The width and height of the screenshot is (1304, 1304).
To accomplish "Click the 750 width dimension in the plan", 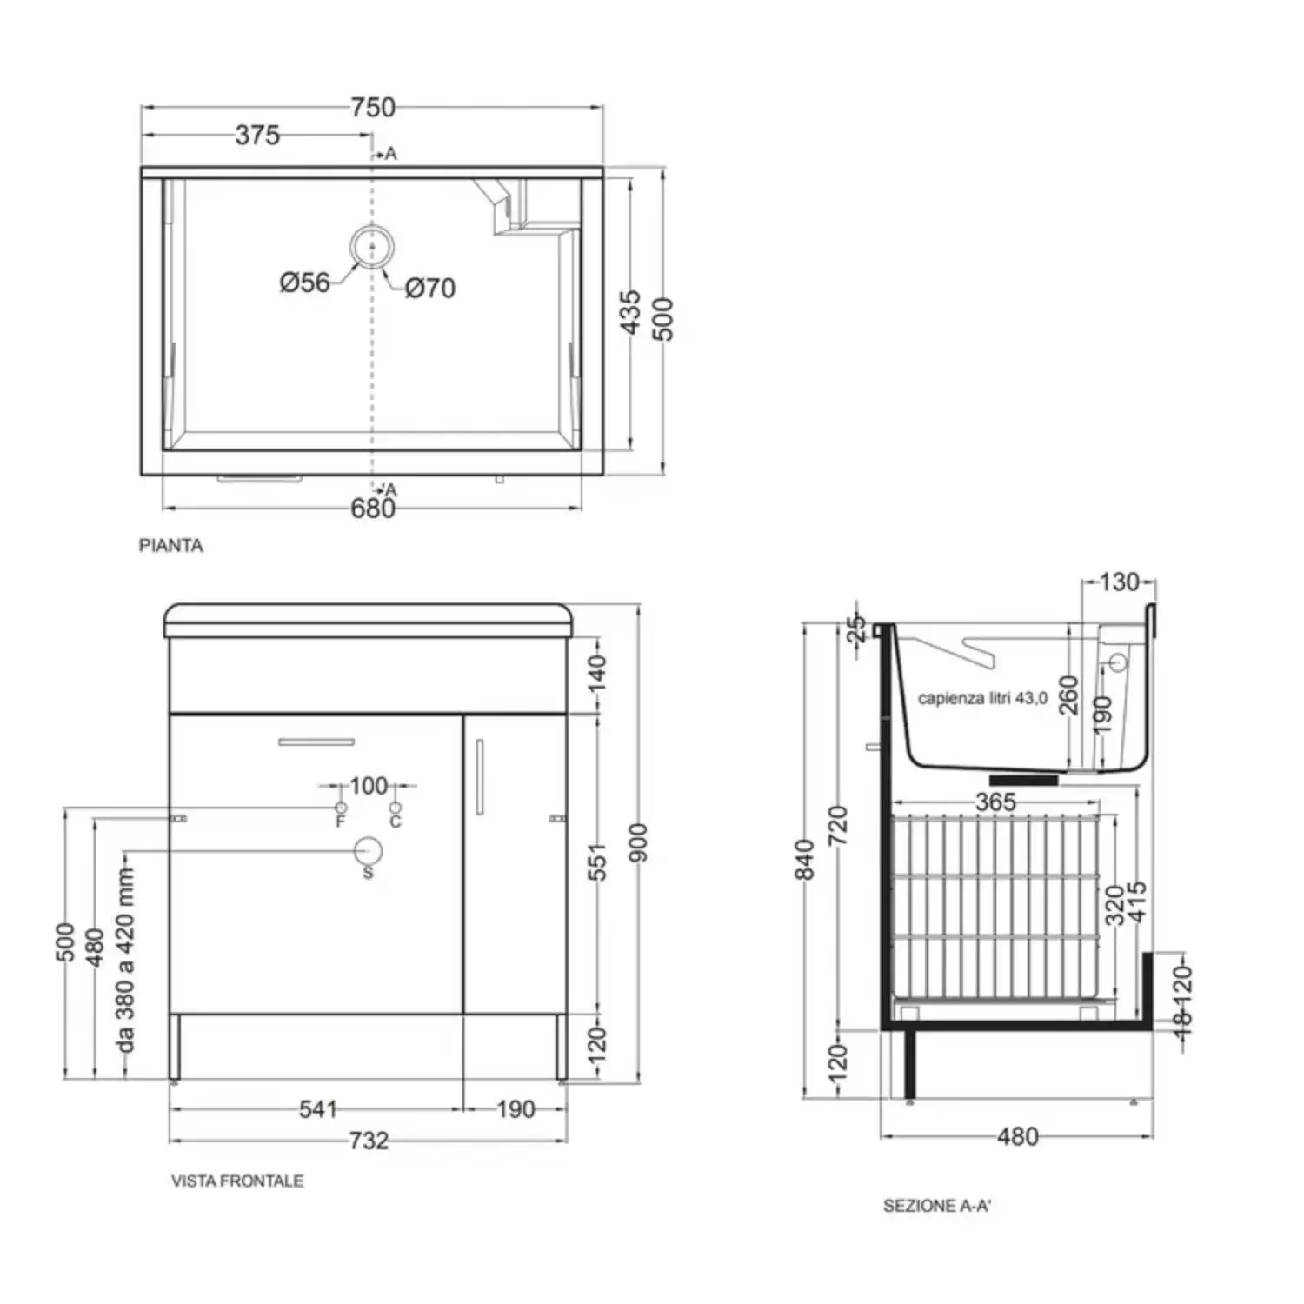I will click(373, 107).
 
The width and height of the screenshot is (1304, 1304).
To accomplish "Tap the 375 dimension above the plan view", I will click(257, 135).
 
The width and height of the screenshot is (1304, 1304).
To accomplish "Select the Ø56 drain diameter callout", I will click(304, 283).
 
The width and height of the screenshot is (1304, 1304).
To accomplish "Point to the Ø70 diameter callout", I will click(430, 288).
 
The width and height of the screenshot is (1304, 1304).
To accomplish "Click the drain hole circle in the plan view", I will click(372, 247).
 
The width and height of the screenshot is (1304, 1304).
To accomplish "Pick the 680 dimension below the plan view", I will click(373, 509).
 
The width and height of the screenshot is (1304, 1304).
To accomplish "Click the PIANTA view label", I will click(171, 546).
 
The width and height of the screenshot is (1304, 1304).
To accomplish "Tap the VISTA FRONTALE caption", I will click(237, 1181).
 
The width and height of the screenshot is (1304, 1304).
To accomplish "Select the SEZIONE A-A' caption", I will click(937, 1206).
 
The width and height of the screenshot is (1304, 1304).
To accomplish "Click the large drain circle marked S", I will click(369, 851).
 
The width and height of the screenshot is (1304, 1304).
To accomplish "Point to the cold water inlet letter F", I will click(341, 821).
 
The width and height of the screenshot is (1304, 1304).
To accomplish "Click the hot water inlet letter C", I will click(396, 822).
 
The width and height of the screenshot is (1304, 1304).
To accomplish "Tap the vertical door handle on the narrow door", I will click(479, 777).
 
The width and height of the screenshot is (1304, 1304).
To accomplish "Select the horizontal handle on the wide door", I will click(316, 742).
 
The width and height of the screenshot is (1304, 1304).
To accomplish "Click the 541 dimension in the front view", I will click(317, 1109).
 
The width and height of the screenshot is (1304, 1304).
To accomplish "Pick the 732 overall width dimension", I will click(369, 1141).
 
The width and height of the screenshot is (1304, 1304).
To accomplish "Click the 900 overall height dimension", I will click(638, 842).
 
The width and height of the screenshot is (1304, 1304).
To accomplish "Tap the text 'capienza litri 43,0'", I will click(982, 698).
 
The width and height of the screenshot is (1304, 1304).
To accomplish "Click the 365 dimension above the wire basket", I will click(995, 802).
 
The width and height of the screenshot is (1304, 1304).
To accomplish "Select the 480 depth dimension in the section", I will click(1018, 1137).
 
